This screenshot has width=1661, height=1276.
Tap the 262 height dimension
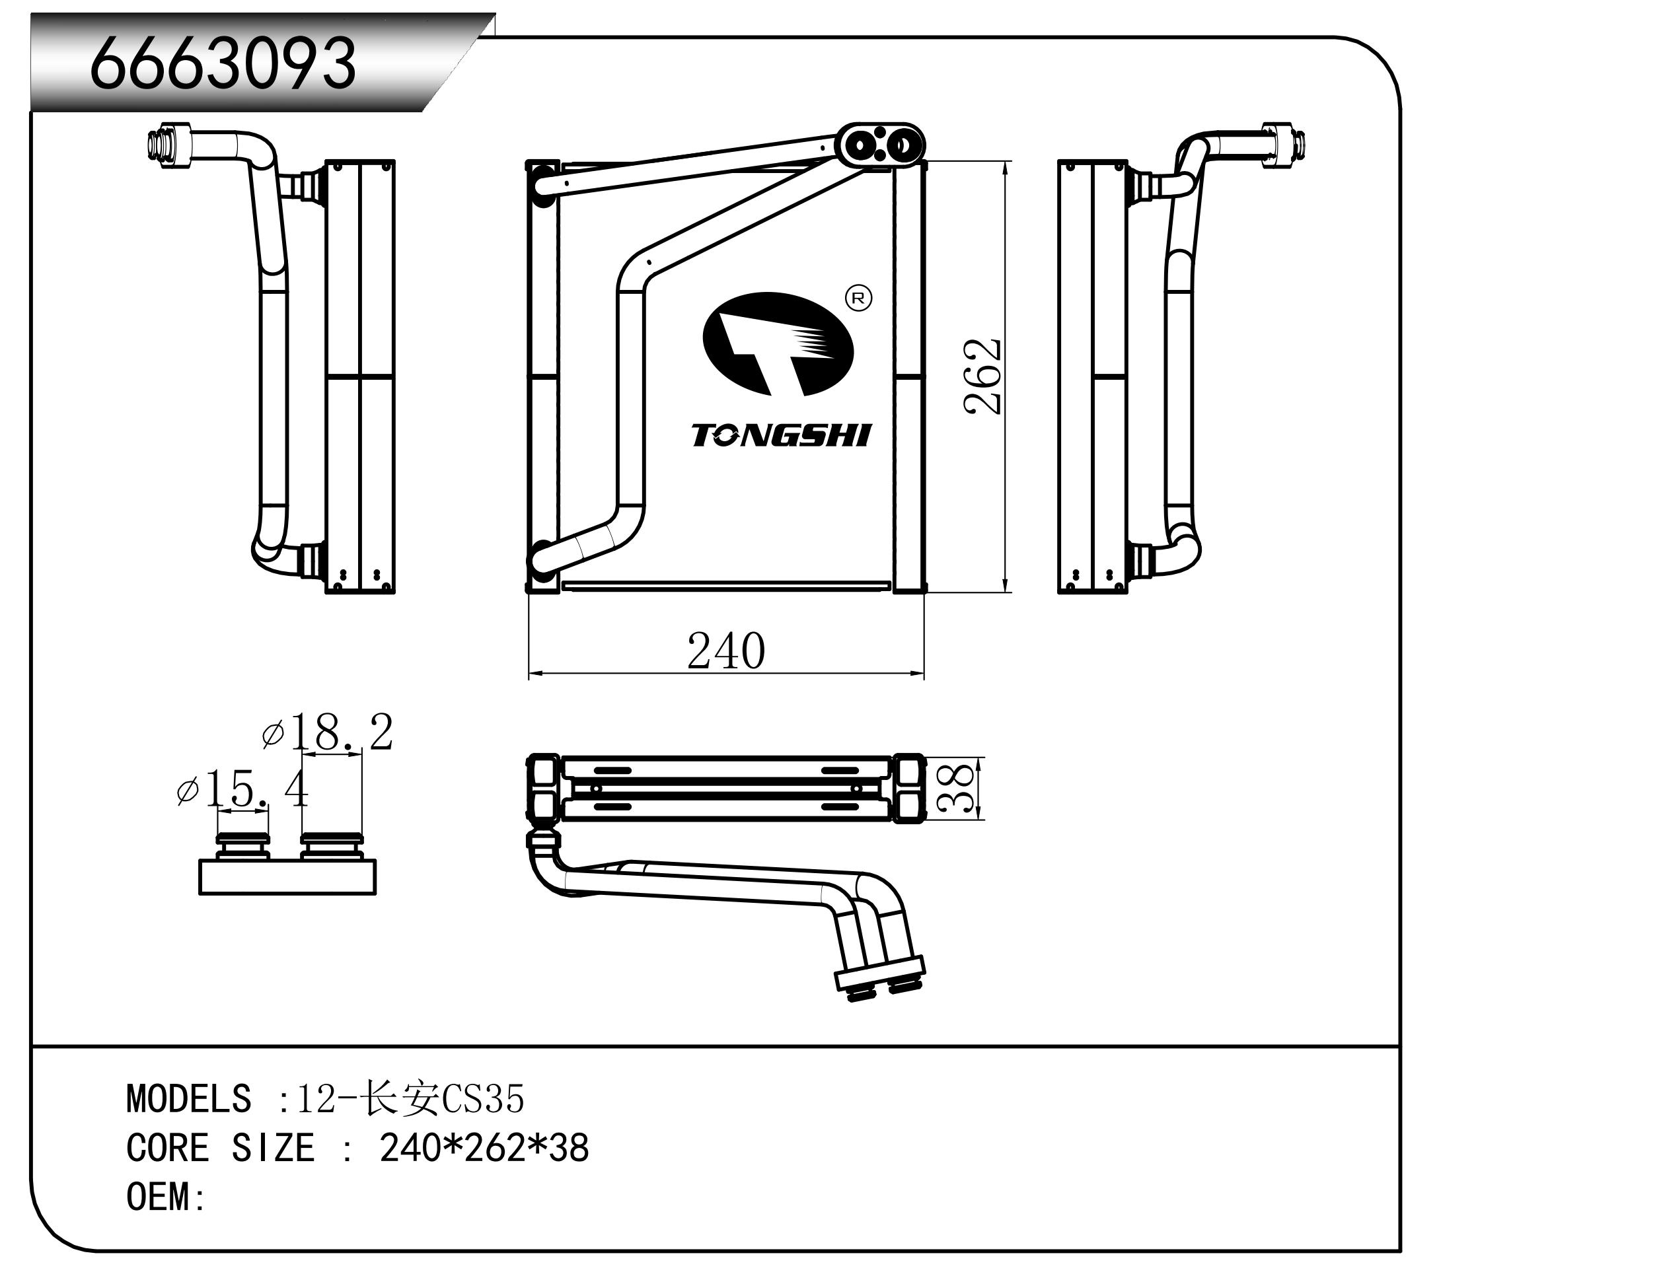click(982, 376)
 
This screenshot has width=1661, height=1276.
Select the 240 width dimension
click(725, 651)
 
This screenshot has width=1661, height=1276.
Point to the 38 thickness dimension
click(958, 788)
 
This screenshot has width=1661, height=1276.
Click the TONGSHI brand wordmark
click(780, 436)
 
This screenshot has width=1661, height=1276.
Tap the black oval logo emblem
click(777, 344)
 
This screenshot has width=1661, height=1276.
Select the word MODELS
click(188, 1099)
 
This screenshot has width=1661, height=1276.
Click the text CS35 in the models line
click(483, 1099)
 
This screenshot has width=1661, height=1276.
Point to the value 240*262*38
click(484, 1148)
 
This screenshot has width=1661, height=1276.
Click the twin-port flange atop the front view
click(881, 143)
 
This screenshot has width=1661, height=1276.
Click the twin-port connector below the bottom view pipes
click(879, 977)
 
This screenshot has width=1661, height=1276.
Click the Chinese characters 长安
click(401, 1099)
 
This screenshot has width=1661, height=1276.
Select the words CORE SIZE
click(221, 1148)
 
